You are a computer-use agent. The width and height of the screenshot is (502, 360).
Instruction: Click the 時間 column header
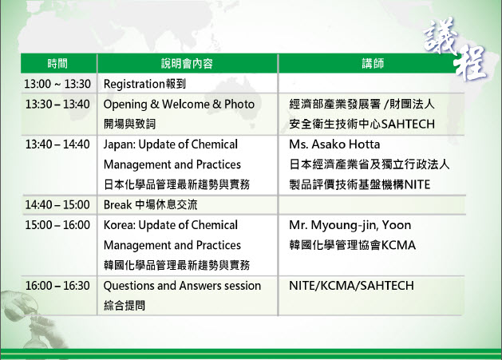57,63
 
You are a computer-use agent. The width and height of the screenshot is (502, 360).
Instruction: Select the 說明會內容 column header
187,63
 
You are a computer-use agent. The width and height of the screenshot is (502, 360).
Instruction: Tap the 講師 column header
373,63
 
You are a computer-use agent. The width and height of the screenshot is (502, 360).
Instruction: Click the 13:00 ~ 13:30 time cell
57,84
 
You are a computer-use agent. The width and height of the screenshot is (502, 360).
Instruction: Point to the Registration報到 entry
144,84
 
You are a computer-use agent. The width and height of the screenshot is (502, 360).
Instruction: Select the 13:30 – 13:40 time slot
57,104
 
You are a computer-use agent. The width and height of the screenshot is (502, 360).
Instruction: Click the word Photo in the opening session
239,104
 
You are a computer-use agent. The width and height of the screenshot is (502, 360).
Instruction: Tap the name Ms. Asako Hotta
334,144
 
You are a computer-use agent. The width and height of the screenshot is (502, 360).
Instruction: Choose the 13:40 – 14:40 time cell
57,144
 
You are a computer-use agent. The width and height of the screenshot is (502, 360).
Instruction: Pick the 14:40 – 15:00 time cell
57,204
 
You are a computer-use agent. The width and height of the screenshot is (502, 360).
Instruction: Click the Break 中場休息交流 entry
151,204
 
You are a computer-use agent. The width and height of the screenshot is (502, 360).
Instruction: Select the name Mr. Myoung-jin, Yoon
350,225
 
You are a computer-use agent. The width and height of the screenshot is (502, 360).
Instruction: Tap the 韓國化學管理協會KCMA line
353,245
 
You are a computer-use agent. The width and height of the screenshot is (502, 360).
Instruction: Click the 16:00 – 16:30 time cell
57,286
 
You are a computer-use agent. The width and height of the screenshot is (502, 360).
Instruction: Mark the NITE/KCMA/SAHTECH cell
351,286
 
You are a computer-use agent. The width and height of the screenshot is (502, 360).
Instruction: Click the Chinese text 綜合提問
125,306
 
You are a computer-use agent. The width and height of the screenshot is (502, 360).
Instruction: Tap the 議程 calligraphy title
455,49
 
